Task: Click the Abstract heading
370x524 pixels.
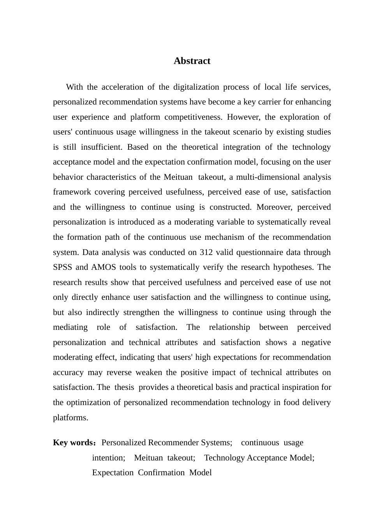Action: [192, 61]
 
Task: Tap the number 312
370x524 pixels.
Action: [206, 252]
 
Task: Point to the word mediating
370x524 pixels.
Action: [70, 327]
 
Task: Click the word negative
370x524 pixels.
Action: [315, 342]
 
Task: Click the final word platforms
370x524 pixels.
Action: [70, 418]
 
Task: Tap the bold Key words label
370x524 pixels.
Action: [74, 443]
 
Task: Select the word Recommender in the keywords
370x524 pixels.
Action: [173, 443]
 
